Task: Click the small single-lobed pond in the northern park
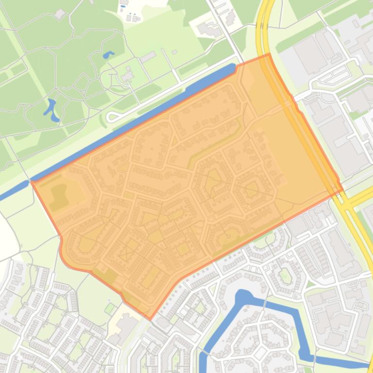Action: coord(108,54)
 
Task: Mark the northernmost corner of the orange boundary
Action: coord(268,54)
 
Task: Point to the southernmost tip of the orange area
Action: coord(150,319)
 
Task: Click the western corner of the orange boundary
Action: coord(32,181)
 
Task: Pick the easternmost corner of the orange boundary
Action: coord(342,188)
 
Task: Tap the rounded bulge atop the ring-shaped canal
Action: coord(243,296)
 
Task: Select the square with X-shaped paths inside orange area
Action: coord(129,252)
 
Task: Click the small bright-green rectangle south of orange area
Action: coord(110,308)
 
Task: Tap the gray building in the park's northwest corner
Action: coord(60,14)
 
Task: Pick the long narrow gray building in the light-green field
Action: coord(147,58)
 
